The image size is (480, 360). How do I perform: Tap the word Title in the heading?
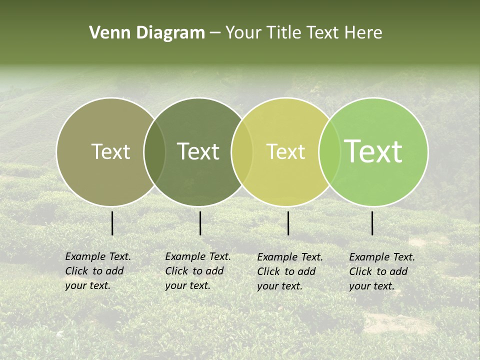click(x=283, y=33)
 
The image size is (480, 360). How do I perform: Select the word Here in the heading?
click(x=363, y=33)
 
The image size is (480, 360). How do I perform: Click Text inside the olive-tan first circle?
click(x=110, y=151)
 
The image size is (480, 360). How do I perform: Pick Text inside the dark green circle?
click(x=198, y=151)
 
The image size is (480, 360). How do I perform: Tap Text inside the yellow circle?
click(x=285, y=151)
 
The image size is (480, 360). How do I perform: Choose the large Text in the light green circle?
click(x=373, y=151)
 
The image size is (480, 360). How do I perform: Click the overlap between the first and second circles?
click(x=154, y=151)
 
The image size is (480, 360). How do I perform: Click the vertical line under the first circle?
click(x=112, y=223)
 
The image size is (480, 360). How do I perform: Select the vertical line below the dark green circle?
click(x=200, y=223)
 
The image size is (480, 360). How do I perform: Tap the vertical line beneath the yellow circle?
click(x=288, y=223)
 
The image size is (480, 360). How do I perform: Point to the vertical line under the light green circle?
click(x=372, y=223)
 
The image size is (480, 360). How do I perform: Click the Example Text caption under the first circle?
click(x=97, y=271)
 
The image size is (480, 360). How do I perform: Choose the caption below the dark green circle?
click(x=197, y=271)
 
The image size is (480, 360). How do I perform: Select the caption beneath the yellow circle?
click(x=289, y=271)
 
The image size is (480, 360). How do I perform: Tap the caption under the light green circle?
click(x=381, y=271)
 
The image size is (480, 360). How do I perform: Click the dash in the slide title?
click(x=215, y=33)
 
